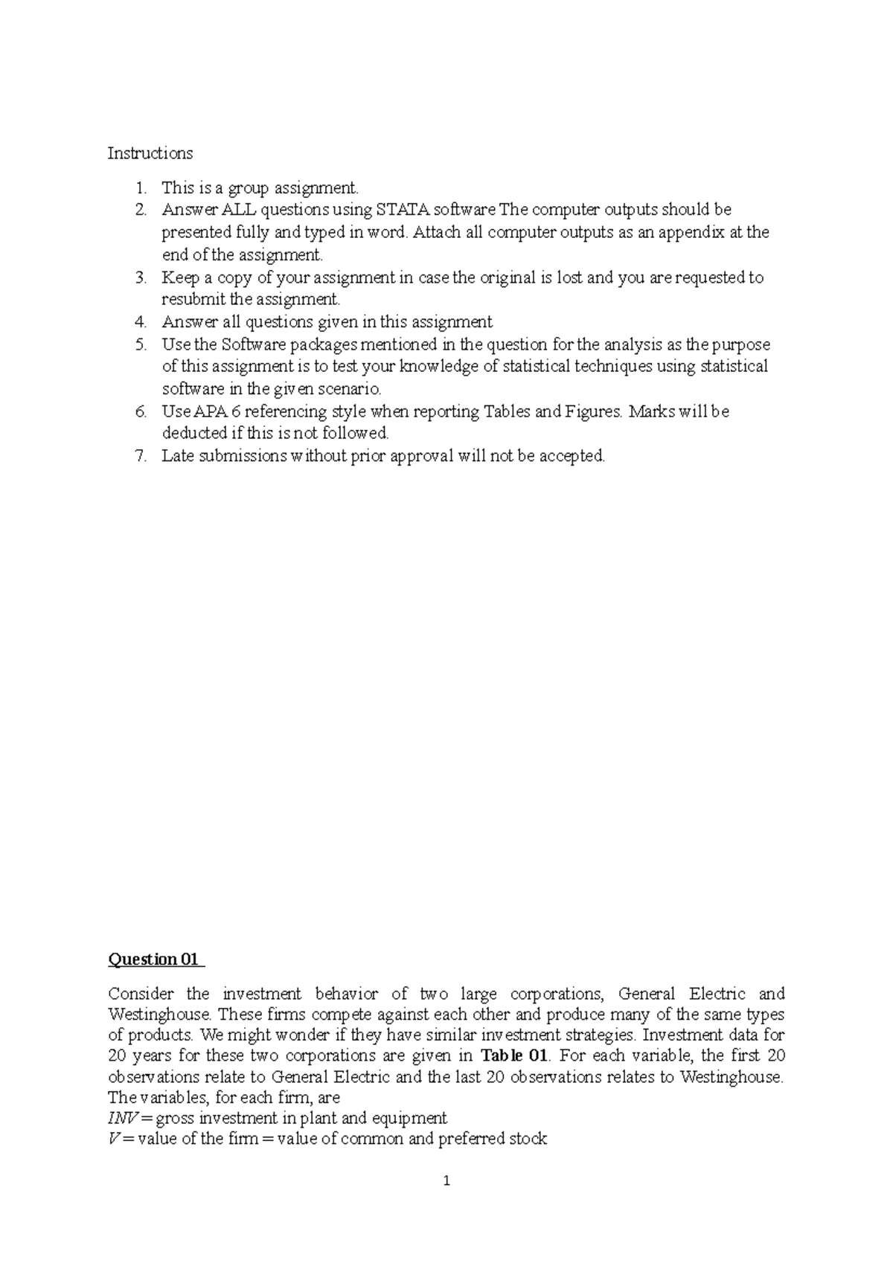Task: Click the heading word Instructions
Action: click(x=150, y=153)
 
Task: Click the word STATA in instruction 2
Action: click(x=403, y=210)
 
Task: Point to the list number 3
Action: click(x=141, y=277)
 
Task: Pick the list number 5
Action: click(x=141, y=344)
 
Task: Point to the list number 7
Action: click(x=141, y=456)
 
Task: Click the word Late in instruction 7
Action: click(x=177, y=456)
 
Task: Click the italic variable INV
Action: click(x=121, y=1118)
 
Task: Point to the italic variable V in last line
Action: click(x=112, y=1139)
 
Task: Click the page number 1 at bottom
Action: click(x=446, y=1181)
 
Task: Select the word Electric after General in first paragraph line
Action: click(x=717, y=994)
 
